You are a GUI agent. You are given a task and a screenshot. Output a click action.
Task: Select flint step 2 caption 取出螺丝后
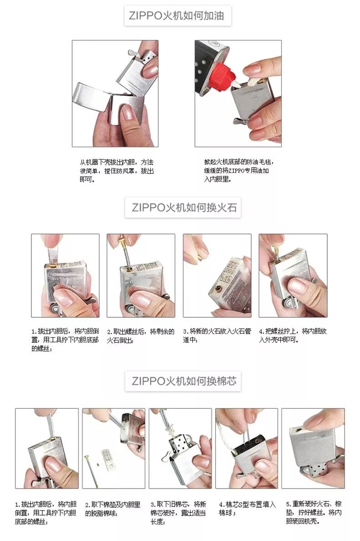click(x=140, y=335)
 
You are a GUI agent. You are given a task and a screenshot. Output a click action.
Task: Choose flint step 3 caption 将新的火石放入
click(x=216, y=335)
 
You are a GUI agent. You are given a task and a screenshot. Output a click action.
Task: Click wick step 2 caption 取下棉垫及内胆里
click(x=113, y=509)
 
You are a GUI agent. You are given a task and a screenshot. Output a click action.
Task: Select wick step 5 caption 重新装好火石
click(x=314, y=513)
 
